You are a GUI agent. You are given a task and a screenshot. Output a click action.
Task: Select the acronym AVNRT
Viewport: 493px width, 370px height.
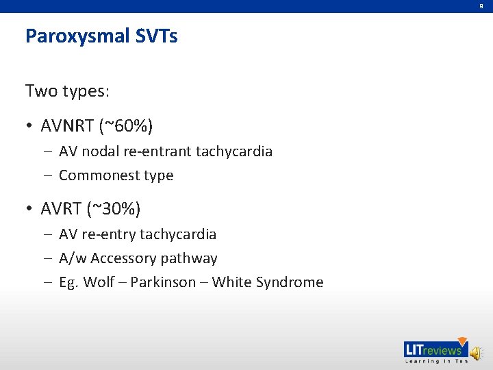click(x=68, y=126)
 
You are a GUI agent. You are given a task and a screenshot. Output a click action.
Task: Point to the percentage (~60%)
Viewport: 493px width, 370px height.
click(x=126, y=126)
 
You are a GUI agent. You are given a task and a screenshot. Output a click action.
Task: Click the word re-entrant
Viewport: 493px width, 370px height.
click(x=163, y=151)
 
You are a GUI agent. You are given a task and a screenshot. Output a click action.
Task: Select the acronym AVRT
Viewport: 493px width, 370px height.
click(x=62, y=208)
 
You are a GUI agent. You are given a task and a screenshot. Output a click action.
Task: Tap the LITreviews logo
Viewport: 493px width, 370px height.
click(x=434, y=349)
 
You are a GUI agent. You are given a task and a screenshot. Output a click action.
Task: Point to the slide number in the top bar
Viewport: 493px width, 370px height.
click(x=481, y=5)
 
